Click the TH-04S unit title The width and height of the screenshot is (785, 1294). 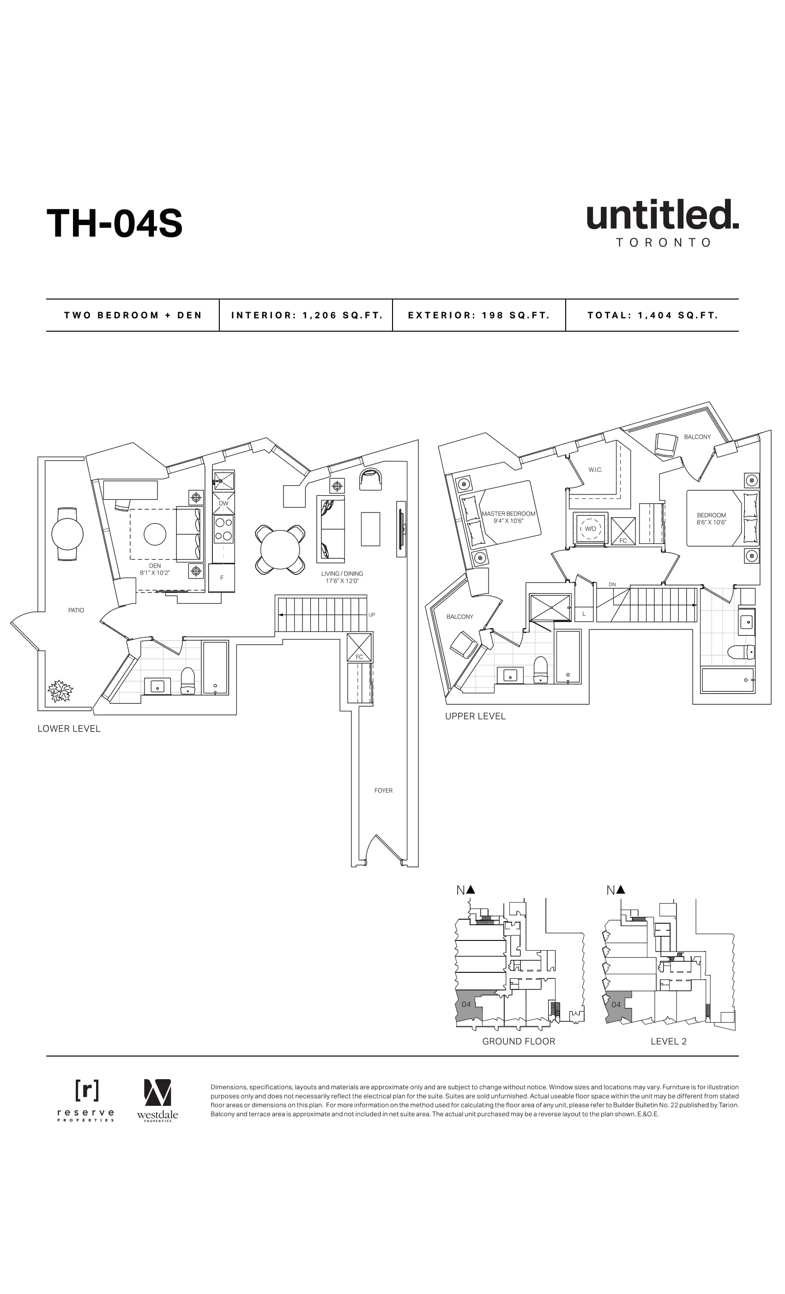point(115,223)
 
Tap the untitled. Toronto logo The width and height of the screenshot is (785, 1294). point(662,223)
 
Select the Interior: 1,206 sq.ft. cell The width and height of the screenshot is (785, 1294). point(307,315)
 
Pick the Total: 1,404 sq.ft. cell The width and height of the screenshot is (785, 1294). point(652,315)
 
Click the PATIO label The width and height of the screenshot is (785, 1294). point(76,610)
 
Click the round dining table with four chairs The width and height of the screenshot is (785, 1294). point(280,549)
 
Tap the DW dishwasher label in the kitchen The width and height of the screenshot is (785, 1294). point(223,503)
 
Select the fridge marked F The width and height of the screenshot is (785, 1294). point(222,578)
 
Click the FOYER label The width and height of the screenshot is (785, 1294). point(383,790)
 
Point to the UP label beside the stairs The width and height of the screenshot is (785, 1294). point(372,615)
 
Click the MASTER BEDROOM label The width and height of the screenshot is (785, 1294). point(508,513)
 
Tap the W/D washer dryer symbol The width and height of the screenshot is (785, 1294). point(590,529)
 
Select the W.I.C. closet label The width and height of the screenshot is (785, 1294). point(595,470)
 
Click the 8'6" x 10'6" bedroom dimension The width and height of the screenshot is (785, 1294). point(711,523)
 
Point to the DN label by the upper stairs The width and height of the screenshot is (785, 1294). point(612,585)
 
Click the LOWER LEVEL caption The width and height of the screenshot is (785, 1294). point(69,728)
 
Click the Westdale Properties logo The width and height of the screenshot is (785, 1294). point(157,1100)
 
